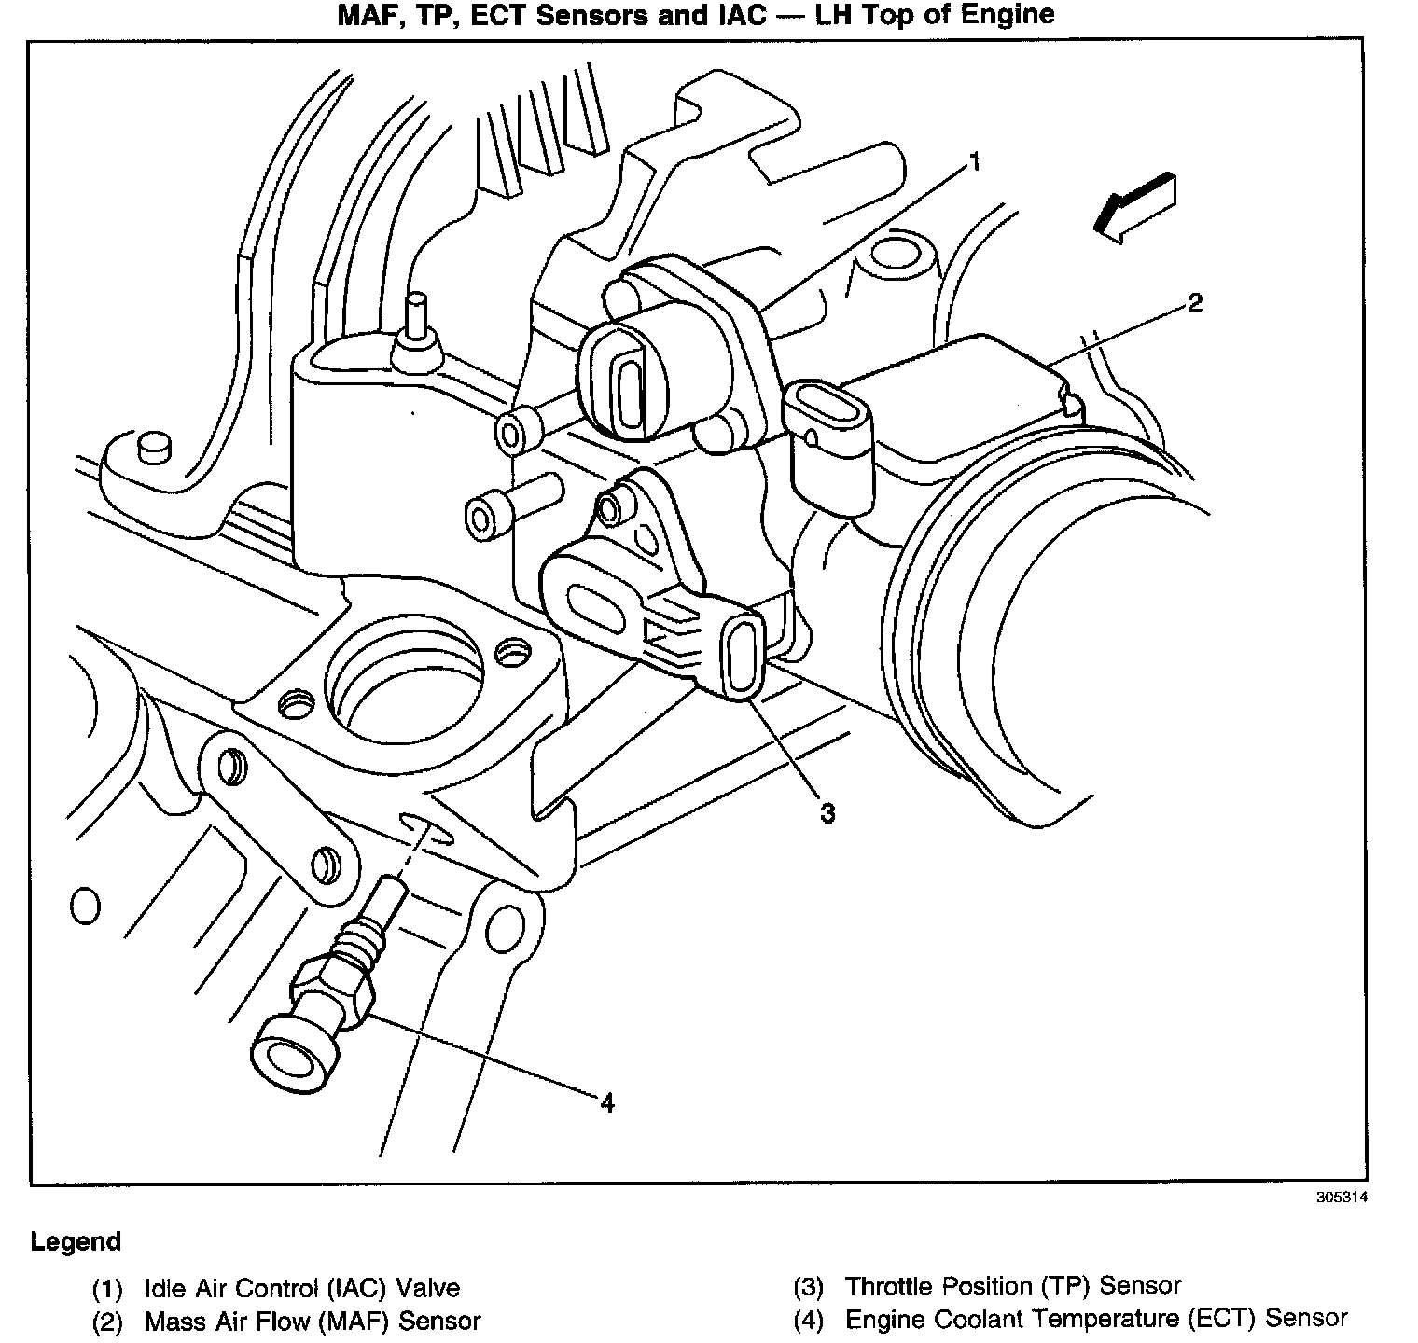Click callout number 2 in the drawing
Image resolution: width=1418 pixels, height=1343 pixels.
tap(1194, 303)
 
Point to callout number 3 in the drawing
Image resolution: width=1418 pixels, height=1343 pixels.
tap(827, 813)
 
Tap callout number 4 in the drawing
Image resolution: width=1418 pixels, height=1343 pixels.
tap(607, 1103)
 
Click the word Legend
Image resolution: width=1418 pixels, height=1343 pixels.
tap(76, 1242)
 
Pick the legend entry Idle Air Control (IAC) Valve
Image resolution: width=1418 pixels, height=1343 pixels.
tap(301, 1289)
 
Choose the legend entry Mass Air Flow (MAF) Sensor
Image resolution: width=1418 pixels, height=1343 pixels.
tap(312, 1321)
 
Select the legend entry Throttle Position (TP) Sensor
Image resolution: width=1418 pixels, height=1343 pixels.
tap(1012, 1287)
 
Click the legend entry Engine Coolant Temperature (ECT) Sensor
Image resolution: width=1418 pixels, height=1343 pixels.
tap(1095, 1319)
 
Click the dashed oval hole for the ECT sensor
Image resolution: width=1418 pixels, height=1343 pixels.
tap(426, 828)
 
